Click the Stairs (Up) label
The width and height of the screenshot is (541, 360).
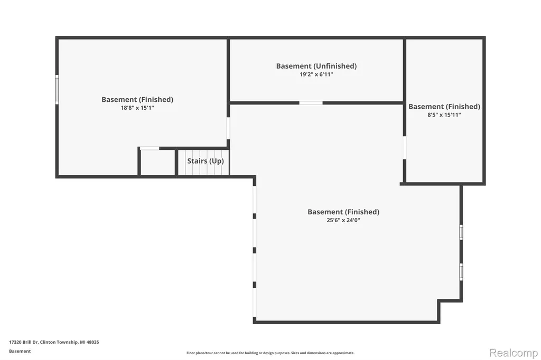point(206,161)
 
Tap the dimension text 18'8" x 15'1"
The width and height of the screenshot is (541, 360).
point(137,108)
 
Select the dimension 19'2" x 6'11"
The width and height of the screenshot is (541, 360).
point(316,74)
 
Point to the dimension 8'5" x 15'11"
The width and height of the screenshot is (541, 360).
point(444,115)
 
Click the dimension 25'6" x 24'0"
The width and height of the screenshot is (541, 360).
point(343,220)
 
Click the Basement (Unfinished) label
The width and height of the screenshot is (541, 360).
point(316,66)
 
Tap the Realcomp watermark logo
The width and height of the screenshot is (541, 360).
point(514,353)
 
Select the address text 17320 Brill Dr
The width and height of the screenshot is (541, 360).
point(23,342)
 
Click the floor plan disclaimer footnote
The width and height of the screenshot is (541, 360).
point(270,353)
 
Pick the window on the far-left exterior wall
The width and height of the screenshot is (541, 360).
point(57,90)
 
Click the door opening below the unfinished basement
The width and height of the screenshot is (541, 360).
point(311,103)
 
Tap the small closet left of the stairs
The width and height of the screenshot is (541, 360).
point(158,163)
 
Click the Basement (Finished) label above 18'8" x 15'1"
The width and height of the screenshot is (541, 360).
point(137,99)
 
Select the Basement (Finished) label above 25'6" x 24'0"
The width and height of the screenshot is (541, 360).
point(343,212)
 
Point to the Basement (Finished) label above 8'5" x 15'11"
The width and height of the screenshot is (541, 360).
point(444,107)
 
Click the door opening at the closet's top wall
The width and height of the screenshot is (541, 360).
point(150,148)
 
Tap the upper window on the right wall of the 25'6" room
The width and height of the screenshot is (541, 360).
point(461,232)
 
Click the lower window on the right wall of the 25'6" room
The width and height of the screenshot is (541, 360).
point(461,272)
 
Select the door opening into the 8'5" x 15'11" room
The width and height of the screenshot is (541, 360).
point(404,148)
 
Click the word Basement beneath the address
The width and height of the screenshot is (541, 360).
point(20,351)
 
